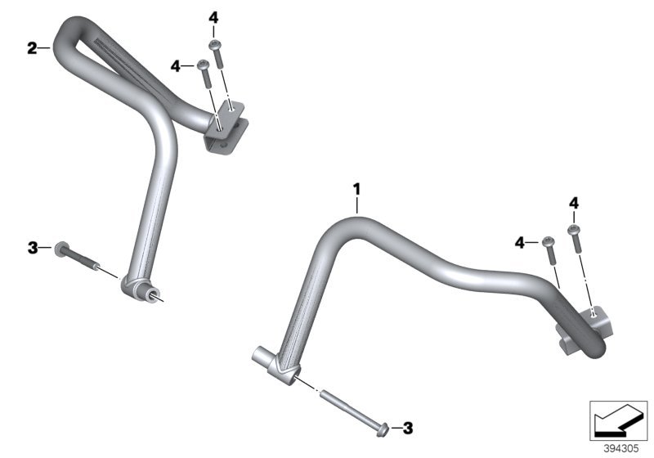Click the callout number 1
coord(356,190)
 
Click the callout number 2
coord(32,48)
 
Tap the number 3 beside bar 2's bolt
coord(33,248)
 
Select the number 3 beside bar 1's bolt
coord(407,428)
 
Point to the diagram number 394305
coord(621,449)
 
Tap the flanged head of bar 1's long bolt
coord(383,429)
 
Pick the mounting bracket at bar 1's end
coord(585,330)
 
